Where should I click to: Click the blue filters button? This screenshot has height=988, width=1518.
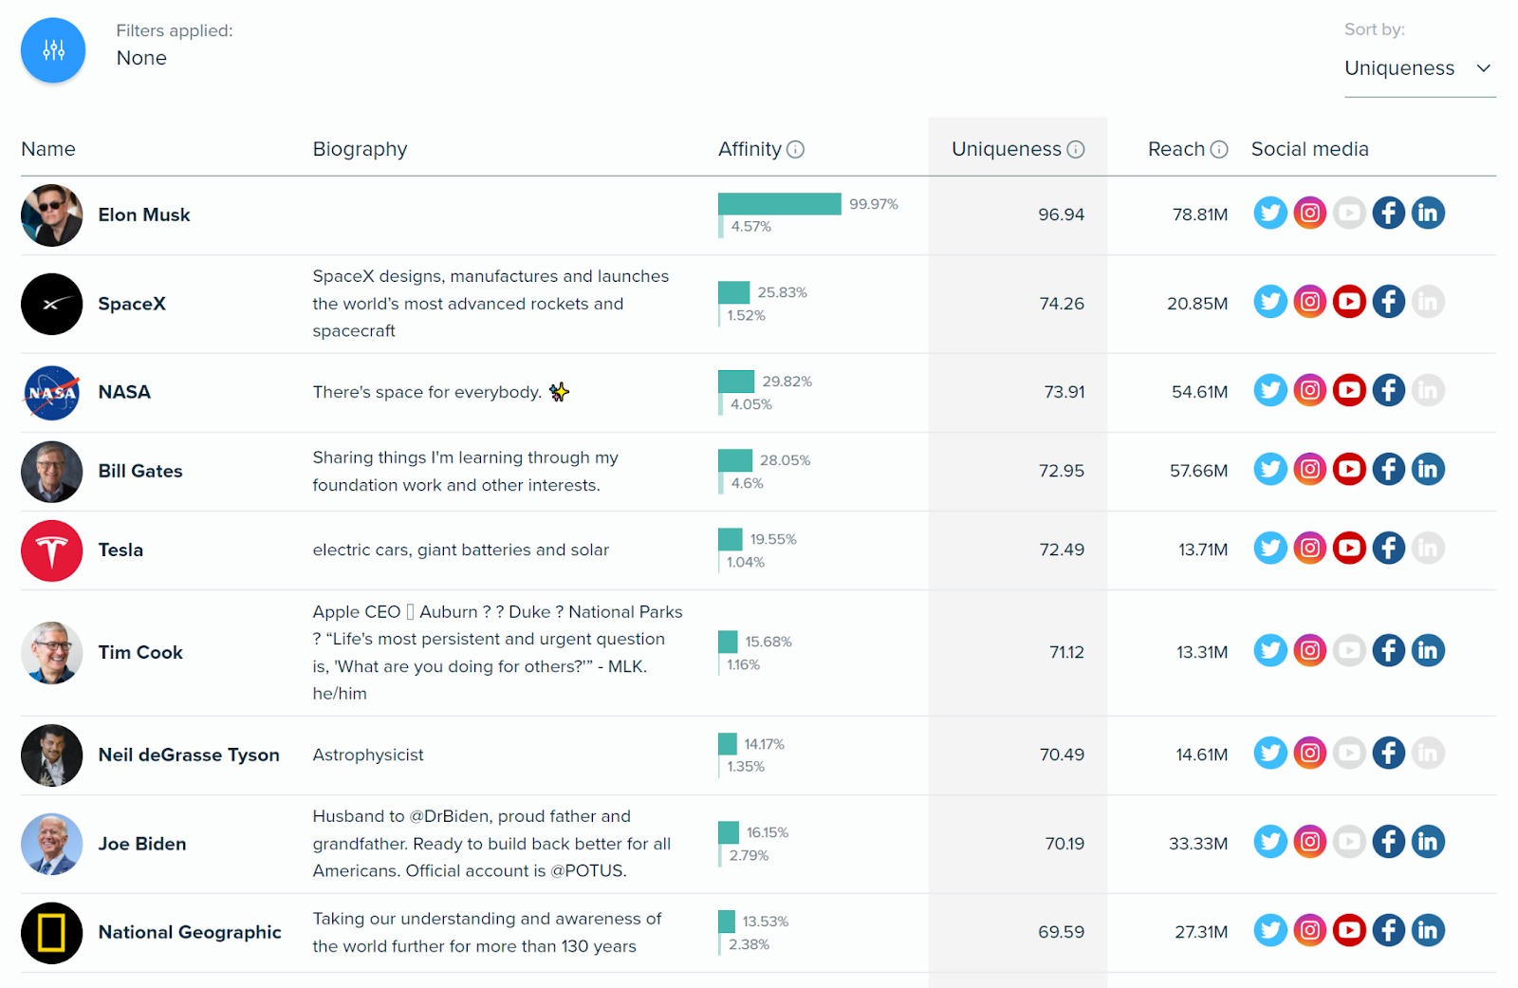coord(53,50)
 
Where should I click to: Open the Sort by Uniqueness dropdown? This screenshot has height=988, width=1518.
coord(1418,68)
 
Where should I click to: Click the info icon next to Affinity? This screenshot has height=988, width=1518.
coord(796,149)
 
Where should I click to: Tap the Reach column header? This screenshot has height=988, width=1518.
coord(1176,149)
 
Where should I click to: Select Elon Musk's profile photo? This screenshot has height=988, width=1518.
coord(51,215)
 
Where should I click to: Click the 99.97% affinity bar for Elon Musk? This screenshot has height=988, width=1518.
coord(779,204)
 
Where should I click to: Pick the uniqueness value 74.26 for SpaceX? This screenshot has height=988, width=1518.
coord(1061,304)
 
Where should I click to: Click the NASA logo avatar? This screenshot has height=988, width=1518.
coord(51,392)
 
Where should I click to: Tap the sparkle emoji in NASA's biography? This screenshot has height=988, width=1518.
coord(559,392)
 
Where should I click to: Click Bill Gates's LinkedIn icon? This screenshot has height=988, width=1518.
coord(1428,469)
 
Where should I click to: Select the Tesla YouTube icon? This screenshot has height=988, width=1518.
coord(1349,548)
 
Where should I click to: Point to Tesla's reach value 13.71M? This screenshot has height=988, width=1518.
coord(1202,550)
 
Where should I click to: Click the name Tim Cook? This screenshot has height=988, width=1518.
coord(140,652)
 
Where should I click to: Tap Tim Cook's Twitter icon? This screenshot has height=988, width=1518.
coord(1270,650)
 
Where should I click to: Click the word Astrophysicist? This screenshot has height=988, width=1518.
coord(368,755)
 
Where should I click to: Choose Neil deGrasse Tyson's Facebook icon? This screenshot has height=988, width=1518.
coord(1388,753)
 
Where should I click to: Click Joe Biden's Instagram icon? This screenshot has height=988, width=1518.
coord(1309,842)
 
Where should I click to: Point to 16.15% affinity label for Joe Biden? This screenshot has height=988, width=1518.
coord(767,832)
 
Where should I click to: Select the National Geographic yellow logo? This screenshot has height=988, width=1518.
coord(51,933)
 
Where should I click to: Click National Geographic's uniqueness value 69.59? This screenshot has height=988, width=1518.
coord(1061,932)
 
